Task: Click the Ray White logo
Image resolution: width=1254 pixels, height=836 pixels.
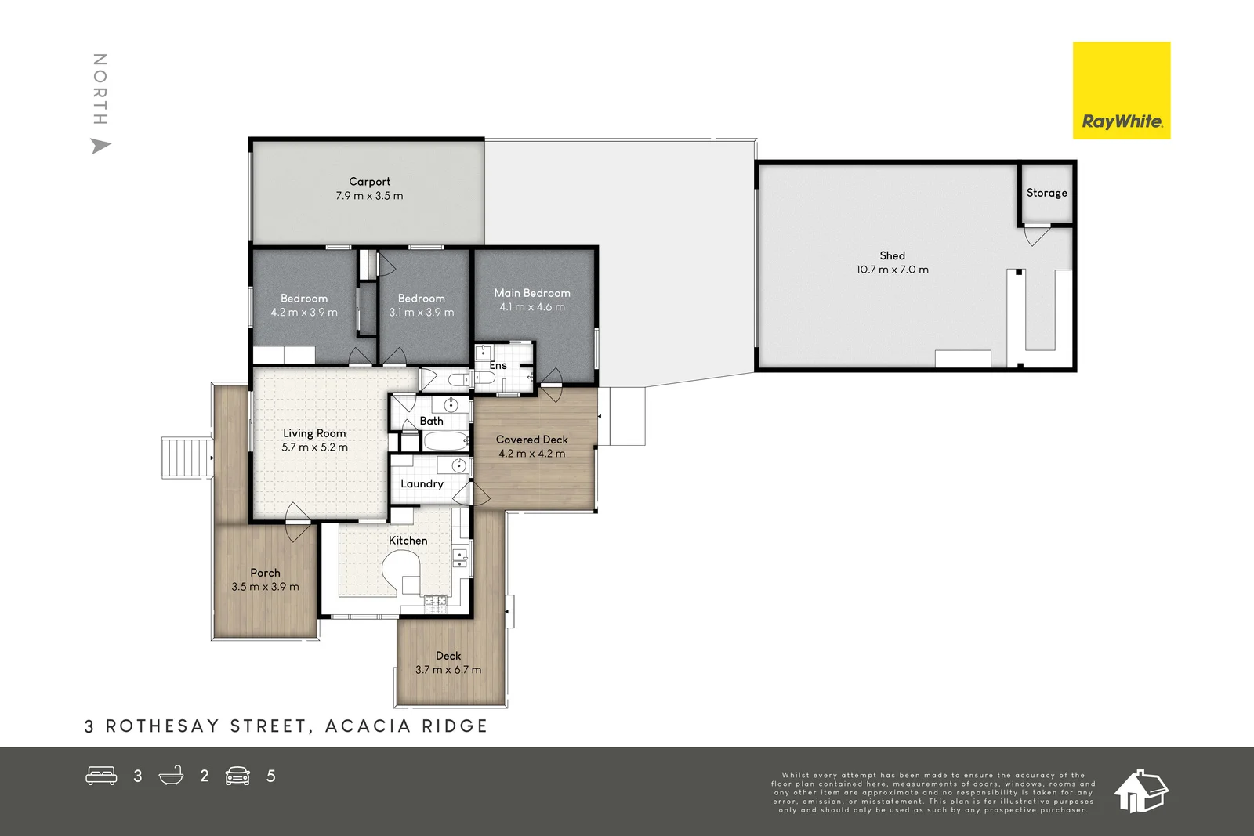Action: tap(1121, 91)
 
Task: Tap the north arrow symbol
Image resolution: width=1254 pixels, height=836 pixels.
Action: tap(100, 146)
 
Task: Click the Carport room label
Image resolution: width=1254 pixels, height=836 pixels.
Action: tap(369, 181)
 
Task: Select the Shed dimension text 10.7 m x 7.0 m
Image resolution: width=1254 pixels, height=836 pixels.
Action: tap(892, 270)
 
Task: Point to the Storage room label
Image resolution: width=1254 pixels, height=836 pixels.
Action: tap(1046, 193)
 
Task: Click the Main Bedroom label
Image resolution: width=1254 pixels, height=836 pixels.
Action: tap(531, 293)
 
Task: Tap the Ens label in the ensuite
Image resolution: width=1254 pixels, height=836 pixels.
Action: tap(498, 365)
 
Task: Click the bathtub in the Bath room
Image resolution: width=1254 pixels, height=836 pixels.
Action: tap(445, 441)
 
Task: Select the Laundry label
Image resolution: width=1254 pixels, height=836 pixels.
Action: tap(422, 483)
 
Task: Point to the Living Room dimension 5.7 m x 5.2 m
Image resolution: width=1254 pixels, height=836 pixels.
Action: tap(314, 447)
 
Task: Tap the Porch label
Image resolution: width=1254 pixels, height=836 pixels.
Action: tap(265, 573)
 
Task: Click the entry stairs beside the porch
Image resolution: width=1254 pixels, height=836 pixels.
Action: tap(187, 458)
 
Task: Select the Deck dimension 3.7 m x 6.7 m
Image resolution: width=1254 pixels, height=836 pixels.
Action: tap(448, 670)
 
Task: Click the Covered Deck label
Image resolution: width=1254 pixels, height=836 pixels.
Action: tap(531, 440)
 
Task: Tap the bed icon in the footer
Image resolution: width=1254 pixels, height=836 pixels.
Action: tap(101, 776)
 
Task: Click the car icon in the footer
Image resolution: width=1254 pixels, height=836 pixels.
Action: tap(237, 776)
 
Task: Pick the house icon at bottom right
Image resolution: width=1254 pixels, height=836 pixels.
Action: tap(1140, 791)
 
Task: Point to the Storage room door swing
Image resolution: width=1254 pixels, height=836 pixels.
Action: tap(1035, 234)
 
